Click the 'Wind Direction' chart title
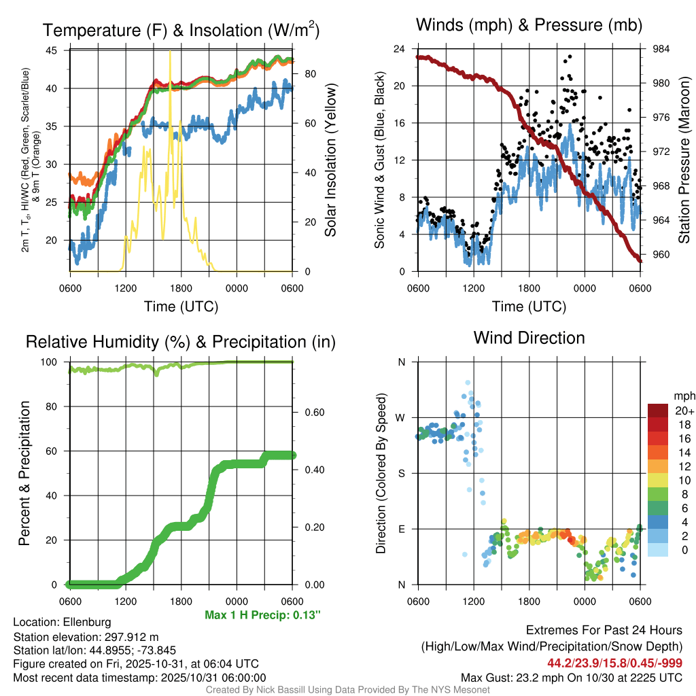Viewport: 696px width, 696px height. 529,338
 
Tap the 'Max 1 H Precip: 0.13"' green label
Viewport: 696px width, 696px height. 262,615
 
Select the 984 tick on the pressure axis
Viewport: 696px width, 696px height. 662,49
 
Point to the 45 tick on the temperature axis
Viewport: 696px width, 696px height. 52,50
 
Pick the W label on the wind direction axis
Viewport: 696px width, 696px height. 401,417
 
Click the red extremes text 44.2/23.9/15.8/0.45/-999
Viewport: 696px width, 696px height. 614,663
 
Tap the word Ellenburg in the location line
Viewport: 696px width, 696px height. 87,622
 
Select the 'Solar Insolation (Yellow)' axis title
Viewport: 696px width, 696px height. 330,160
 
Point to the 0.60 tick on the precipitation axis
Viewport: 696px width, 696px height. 313,413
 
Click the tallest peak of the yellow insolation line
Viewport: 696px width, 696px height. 170,52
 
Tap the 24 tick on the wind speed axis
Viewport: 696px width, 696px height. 400,49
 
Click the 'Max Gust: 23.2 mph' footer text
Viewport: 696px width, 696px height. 572,677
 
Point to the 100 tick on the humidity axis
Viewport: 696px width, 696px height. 51,362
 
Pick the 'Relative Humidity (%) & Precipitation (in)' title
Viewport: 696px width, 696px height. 180,342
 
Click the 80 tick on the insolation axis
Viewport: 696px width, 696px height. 308,73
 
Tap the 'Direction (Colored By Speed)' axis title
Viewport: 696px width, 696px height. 381,472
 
